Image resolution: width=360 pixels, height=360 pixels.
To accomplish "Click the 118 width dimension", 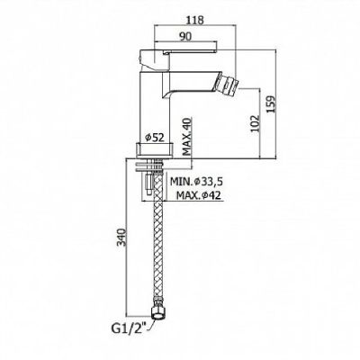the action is point(195,20).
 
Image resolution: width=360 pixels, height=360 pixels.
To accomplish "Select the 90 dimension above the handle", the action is point(185,36).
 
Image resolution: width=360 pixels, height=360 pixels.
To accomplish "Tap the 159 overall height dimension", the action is point(271,104).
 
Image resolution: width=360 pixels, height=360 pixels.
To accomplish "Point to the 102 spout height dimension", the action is point(255,123).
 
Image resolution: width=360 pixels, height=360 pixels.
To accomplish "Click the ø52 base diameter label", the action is point(155,138).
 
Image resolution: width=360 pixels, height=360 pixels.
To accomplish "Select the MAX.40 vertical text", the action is point(187,137).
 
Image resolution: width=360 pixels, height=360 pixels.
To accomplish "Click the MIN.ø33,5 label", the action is point(197,181).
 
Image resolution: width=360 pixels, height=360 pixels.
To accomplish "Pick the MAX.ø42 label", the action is point(199,195).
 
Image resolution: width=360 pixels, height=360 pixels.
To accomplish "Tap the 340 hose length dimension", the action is point(121,237).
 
